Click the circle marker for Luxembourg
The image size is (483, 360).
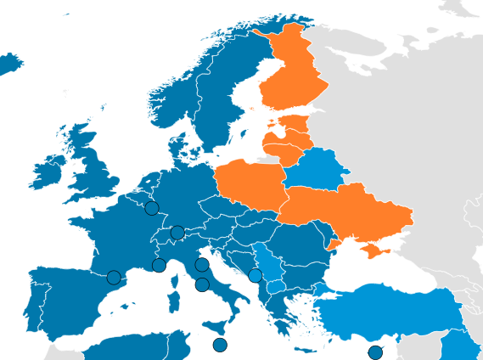tap(151, 208)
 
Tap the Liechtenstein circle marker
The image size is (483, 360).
tap(177, 233)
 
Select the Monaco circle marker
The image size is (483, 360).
tap(159, 265)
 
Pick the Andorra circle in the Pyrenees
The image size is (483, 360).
tap(114, 278)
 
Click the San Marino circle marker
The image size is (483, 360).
tap(201, 265)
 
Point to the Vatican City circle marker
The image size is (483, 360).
tap(202, 284)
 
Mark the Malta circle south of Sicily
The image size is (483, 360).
tap(220, 345)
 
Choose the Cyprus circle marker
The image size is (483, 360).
tap(375, 352)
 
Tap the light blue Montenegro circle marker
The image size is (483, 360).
tap(256, 275)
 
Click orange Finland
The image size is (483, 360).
tap(293, 72)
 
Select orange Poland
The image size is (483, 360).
tap(250, 183)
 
